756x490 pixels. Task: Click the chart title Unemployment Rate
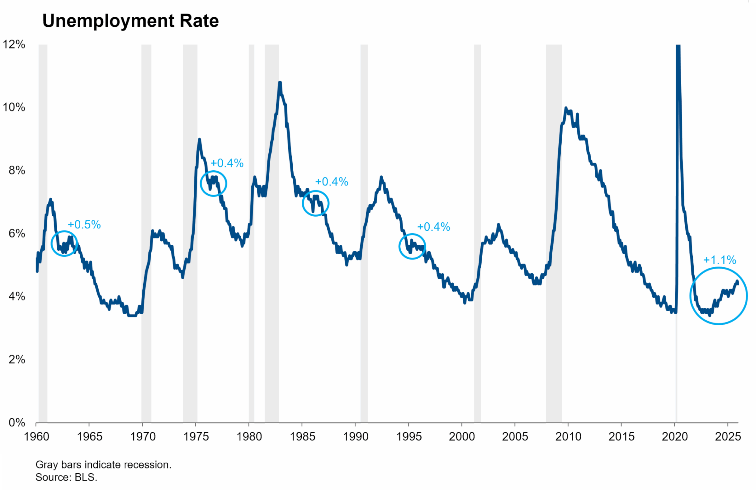pyautogui.click(x=130, y=21)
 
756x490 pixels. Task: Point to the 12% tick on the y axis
pyautogui.click(x=14, y=44)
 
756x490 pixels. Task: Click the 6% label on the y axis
pyautogui.click(x=16, y=233)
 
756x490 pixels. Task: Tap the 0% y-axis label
pyautogui.click(x=16, y=422)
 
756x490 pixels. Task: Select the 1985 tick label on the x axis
pyautogui.click(x=302, y=437)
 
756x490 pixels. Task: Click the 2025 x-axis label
pyautogui.click(x=728, y=437)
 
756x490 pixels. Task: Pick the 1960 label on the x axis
pyautogui.click(x=37, y=437)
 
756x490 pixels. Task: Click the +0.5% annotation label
pyautogui.click(x=84, y=225)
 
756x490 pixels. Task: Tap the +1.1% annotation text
pyautogui.click(x=719, y=260)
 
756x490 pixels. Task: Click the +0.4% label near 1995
pyautogui.click(x=433, y=227)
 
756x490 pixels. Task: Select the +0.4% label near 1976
pyautogui.click(x=227, y=163)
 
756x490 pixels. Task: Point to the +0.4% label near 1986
pyautogui.click(x=332, y=182)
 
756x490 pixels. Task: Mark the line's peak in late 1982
pyautogui.click(x=280, y=83)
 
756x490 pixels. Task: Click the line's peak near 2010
pyautogui.click(x=566, y=108)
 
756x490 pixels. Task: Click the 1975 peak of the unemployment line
pyautogui.click(x=199, y=140)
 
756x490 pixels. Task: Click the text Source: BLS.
pyautogui.click(x=66, y=477)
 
